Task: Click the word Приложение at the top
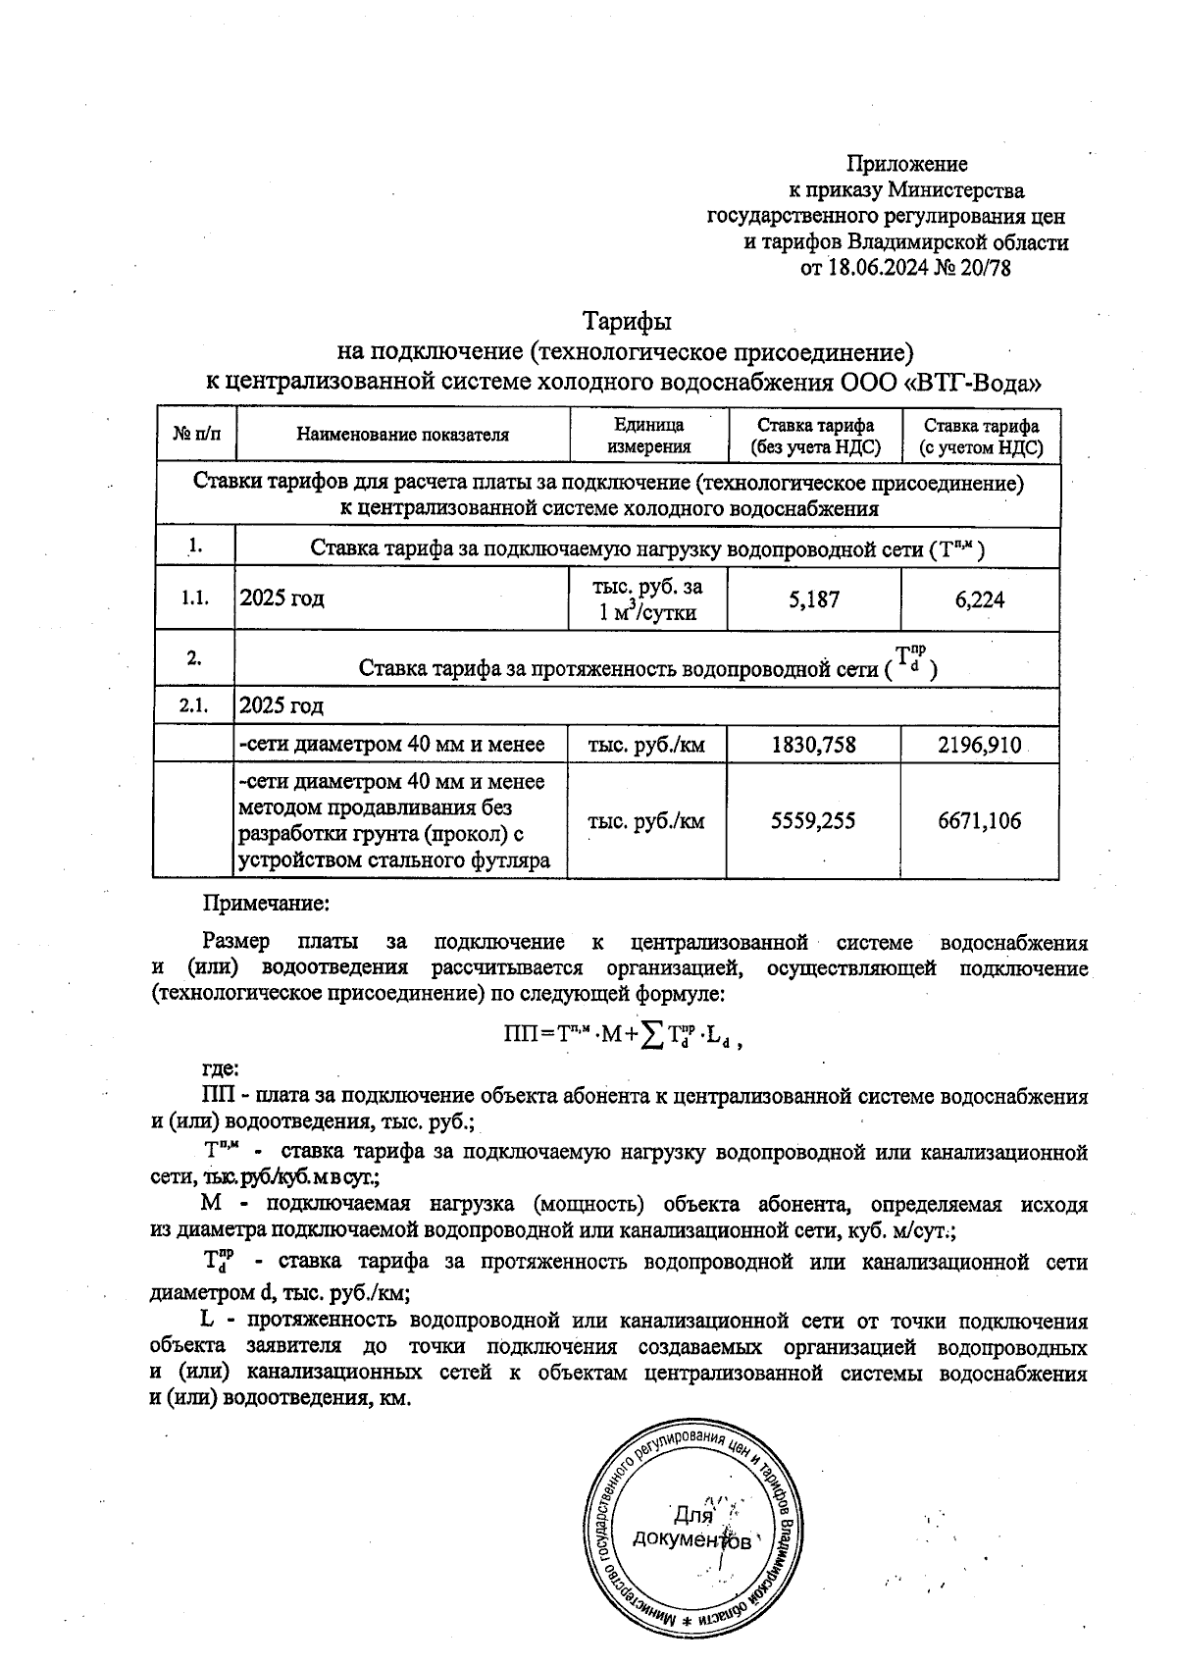[x=906, y=164]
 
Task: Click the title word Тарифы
[x=627, y=322]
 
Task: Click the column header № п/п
[x=196, y=434]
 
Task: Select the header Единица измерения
[x=648, y=436]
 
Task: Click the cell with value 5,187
[x=814, y=599]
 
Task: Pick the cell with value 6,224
[x=980, y=599]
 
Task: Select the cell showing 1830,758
[x=814, y=746]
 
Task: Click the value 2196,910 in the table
[x=980, y=746]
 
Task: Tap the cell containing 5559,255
[x=814, y=821]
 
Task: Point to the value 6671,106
[x=980, y=821]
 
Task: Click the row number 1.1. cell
[x=195, y=598]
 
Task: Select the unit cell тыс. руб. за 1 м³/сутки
[x=648, y=599]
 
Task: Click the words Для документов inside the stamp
[x=692, y=1527]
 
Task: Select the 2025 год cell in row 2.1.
[x=282, y=705]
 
